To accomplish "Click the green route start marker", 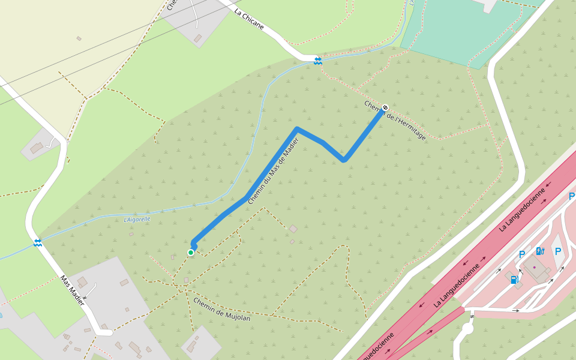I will pyautogui.click(x=191, y=253).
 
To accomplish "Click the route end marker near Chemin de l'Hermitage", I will pyautogui.click(x=385, y=108).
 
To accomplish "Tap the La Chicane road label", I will pyautogui.click(x=249, y=20).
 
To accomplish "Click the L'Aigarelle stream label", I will pyautogui.click(x=137, y=219).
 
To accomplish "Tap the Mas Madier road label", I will pyautogui.click(x=72, y=291).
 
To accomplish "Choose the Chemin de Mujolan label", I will pyautogui.click(x=221, y=309).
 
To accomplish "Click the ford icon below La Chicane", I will pyautogui.click(x=317, y=60).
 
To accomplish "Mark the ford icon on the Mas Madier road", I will pyautogui.click(x=37, y=242).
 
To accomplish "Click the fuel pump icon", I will pyautogui.click(x=514, y=279).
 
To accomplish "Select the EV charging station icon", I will pyautogui.click(x=540, y=251).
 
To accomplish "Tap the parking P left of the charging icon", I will pyautogui.click(x=522, y=254).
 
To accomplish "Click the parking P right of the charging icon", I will pyautogui.click(x=558, y=251).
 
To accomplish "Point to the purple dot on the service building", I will pyautogui.click(x=534, y=266).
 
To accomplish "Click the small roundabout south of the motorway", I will pyautogui.click(x=467, y=328).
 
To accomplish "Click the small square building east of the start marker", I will pyautogui.click(x=293, y=229).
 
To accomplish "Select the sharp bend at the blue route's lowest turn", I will pyautogui.click(x=344, y=160).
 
